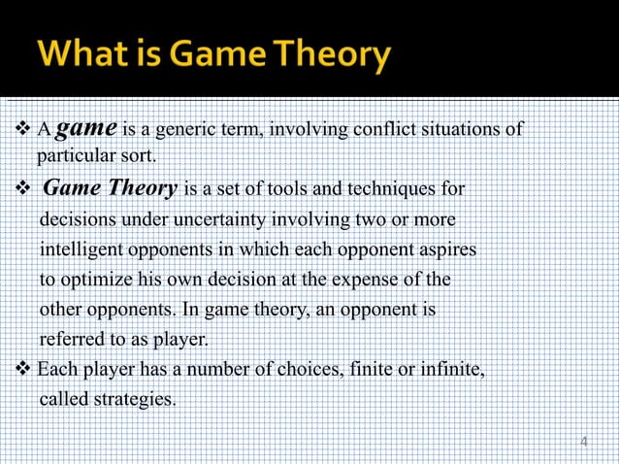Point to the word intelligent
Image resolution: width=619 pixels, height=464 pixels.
click(86, 249)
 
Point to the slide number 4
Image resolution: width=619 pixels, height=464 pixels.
click(583, 442)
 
